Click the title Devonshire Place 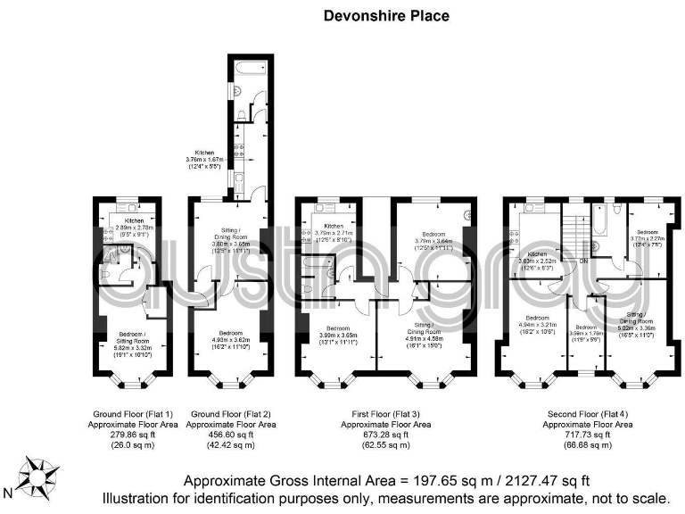[385, 15]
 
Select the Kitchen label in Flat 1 [134, 220]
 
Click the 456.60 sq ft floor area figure [230, 435]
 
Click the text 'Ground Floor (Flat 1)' [134, 415]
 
